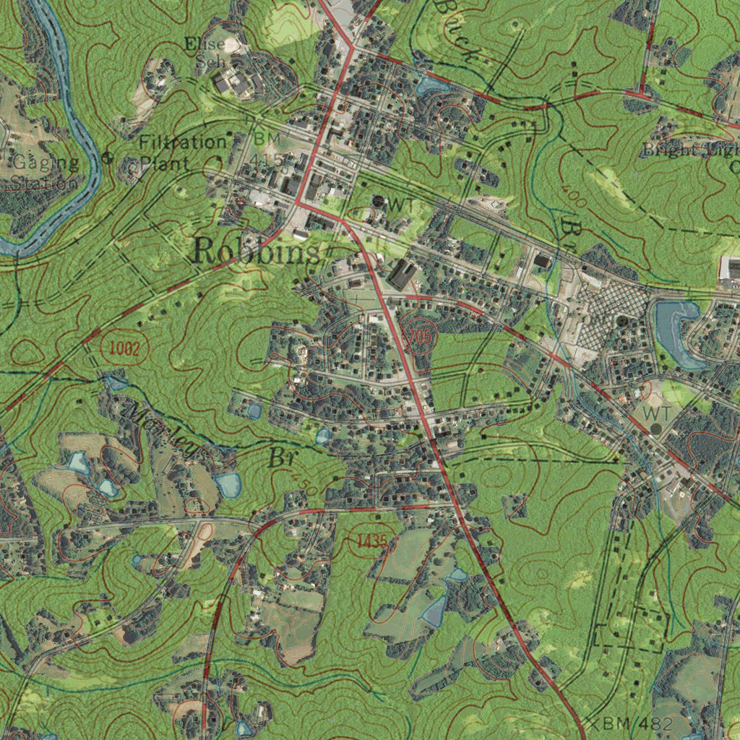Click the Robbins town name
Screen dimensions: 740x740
[256, 252]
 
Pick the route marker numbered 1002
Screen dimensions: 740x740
[124, 349]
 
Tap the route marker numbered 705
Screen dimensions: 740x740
[418, 336]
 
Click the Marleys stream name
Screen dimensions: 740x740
[163, 431]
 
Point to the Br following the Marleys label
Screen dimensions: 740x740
[278, 457]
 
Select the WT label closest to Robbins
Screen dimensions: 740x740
[401, 205]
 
